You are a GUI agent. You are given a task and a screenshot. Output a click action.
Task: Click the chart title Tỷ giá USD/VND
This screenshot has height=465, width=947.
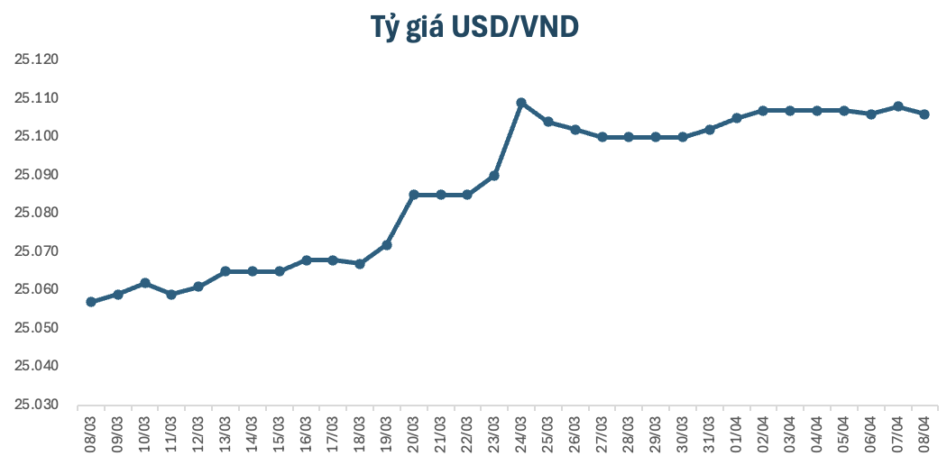pyautogui.click(x=474, y=27)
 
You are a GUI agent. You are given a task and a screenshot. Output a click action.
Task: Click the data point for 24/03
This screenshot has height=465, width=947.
pyautogui.click(x=521, y=103)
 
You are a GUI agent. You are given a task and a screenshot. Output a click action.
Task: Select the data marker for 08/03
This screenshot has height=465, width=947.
pyautogui.click(x=91, y=302)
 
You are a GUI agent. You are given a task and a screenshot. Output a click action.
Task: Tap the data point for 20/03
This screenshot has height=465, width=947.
pyautogui.click(x=414, y=195)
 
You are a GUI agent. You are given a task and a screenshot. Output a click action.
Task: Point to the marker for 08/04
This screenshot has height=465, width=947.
pyautogui.click(x=924, y=114)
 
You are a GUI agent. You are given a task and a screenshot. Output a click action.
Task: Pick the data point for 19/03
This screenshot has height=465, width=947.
pyautogui.click(x=387, y=245)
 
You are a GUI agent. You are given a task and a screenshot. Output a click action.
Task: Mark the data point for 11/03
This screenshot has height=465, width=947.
pyautogui.click(x=171, y=295)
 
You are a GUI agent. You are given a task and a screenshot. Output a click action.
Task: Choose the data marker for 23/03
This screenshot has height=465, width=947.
pyautogui.click(x=494, y=176)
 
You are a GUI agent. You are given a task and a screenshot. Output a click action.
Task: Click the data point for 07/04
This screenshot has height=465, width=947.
pyautogui.click(x=897, y=106)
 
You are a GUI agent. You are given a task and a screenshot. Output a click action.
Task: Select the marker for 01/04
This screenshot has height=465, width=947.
pyautogui.click(x=737, y=118)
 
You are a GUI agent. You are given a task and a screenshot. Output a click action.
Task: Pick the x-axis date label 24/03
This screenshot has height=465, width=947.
pyautogui.click(x=521, y=435)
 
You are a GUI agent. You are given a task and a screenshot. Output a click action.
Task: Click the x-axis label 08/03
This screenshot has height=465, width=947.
pyautogui.click(x=91, y=435)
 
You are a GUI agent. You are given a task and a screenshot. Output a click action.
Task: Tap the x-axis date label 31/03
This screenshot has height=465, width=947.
pyautogui.click(x=710, y=435)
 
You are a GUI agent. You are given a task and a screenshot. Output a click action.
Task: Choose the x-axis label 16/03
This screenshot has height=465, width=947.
pyautogui.click(x=307, y=435)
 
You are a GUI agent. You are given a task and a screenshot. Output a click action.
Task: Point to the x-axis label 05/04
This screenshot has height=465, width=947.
pyautogui.click(x=844, y=435)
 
